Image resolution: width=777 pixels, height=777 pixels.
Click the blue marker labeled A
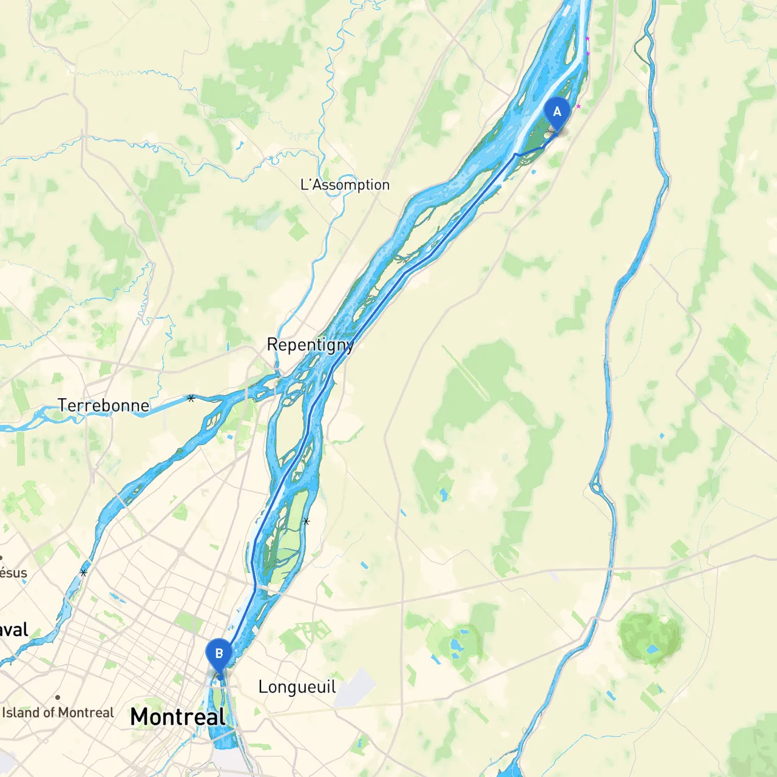(x=557, y=113)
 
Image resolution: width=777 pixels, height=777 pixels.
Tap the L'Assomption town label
(x=345, y=185)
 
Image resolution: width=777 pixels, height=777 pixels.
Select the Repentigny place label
(x=310, y=345)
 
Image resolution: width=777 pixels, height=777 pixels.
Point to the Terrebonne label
(x=103, y=405)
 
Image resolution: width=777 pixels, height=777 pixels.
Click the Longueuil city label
(x=297, y=687)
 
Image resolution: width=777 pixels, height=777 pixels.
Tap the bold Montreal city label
(x=178, y=717)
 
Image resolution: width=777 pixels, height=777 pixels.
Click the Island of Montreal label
(x=58, y=713)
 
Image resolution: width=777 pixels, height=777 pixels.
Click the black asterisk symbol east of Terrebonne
(x=191, y=398)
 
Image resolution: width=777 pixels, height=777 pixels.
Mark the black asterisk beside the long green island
(x=306, y=521)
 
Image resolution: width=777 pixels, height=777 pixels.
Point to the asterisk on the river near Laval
(x=83, y=572)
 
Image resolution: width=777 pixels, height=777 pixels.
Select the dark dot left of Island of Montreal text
(x=58, y=697)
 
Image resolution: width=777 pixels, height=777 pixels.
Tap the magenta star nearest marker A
(x=578, y=107)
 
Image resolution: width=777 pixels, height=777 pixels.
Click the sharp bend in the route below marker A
(x=515, y=154)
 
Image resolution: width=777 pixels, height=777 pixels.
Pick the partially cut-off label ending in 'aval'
(x=13, y=629)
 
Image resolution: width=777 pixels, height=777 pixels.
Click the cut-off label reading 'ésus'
(x=13, y=572)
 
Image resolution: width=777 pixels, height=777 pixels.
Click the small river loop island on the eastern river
(x=596, y=486)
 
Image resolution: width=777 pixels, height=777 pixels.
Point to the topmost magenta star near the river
(x=587, y=39)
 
